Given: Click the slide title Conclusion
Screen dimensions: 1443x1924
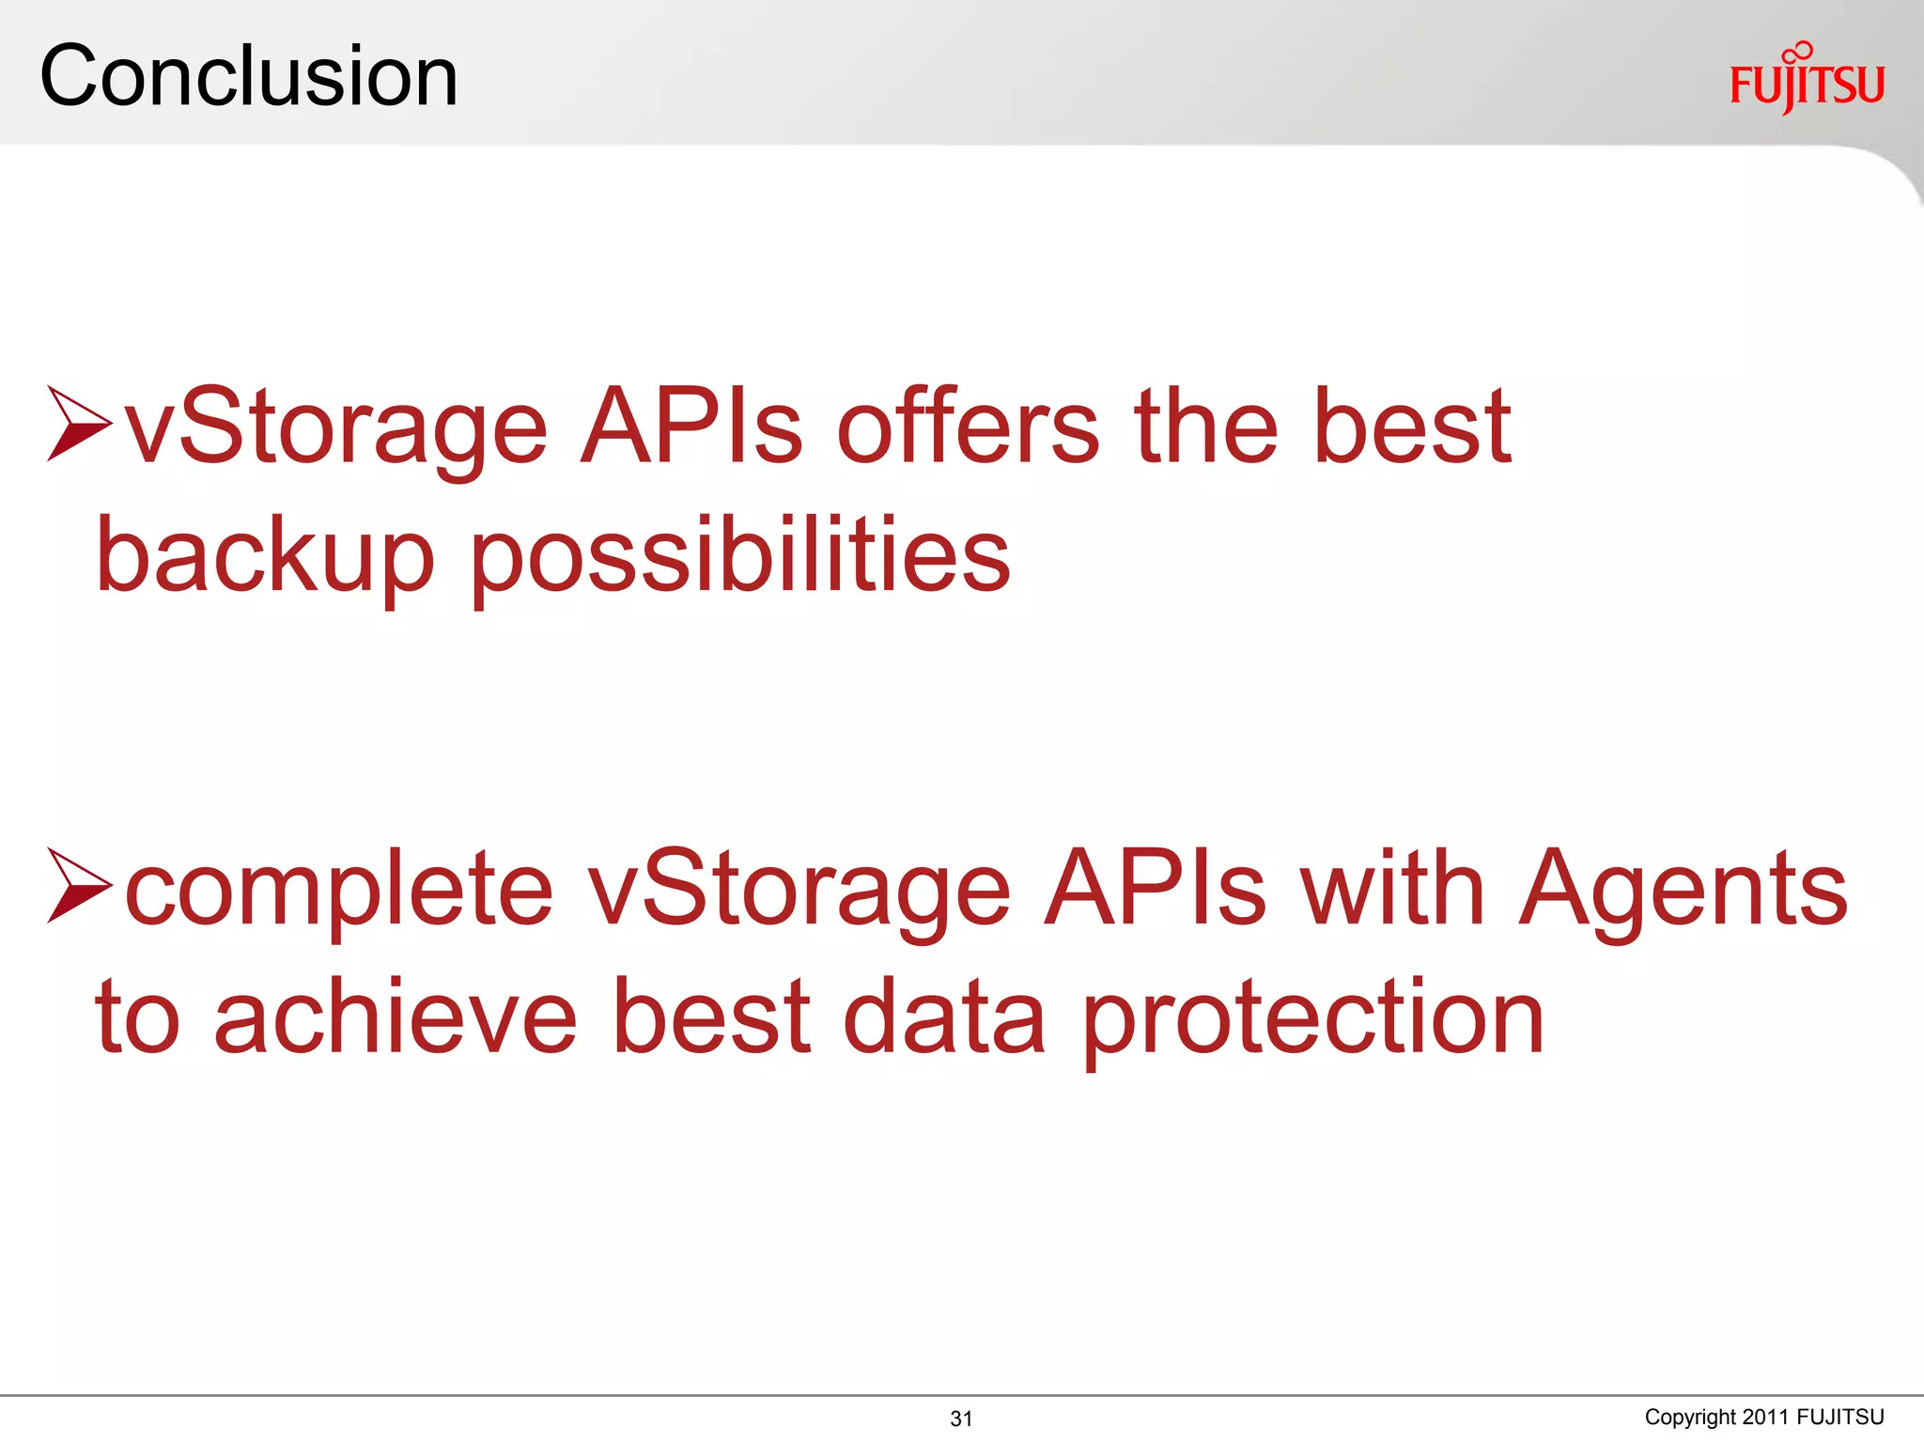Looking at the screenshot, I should point(249,76).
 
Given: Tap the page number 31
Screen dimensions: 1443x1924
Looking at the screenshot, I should point(961,1419).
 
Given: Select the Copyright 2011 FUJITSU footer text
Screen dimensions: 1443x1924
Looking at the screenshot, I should point(1763,1417).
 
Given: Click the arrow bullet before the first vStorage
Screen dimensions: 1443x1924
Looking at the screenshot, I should point(79,424).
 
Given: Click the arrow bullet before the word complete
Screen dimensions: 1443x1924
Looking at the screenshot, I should point(79,885).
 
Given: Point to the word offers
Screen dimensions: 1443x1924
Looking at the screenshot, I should point(968,427).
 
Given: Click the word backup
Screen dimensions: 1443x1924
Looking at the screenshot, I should point(266,556).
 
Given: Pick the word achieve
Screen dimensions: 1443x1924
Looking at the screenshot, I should point(396,1016).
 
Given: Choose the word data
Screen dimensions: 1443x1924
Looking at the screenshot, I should point(944,1016).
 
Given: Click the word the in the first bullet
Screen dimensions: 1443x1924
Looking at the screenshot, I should point(1206,427).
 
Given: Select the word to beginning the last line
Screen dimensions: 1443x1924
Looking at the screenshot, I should point(137,1018).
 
